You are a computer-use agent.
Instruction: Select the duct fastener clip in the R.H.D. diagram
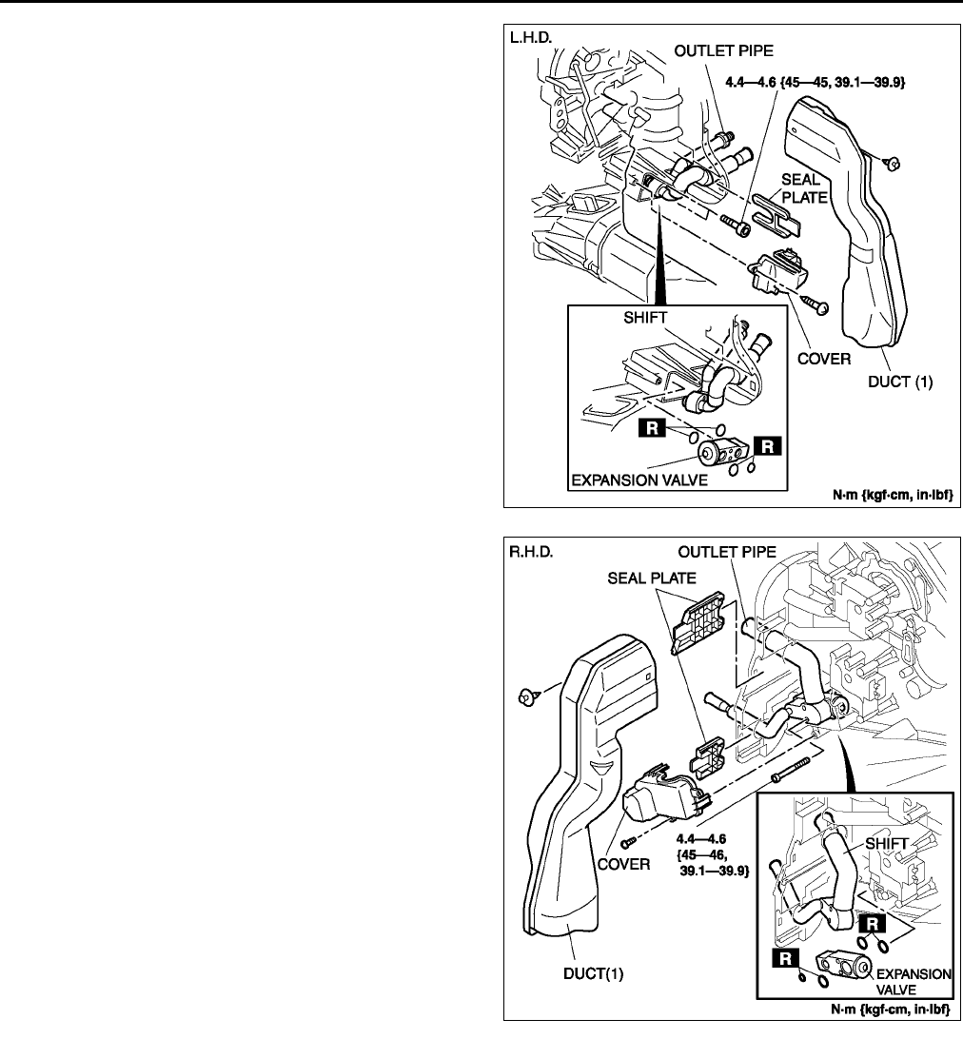pyautogui.click(x=524, y=697)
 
